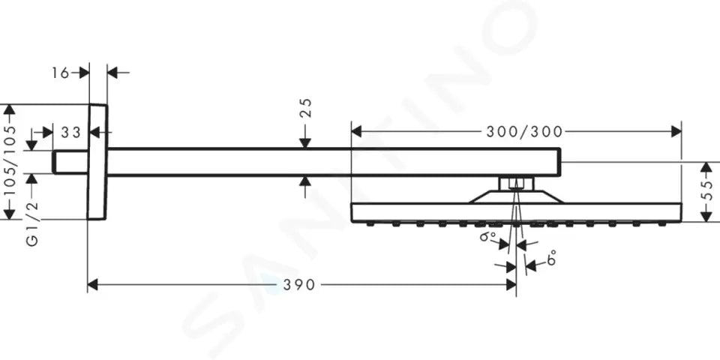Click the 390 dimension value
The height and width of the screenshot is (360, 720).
click(x=299, y=285)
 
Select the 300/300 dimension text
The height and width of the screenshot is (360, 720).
click(x=524, y=132)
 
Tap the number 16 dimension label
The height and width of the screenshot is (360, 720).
click(x=60, y=73)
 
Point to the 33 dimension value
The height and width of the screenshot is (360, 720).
click(x=70, y=133)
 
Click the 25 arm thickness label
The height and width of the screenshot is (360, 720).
click(x=306, y=108)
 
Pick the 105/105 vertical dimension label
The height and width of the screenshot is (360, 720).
click(x=9, y=160)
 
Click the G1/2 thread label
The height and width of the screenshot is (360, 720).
click(x=31, y=224)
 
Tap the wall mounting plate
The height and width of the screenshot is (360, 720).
click(x=97, y=162)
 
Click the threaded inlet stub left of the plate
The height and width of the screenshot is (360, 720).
click(x=70, y=162)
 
